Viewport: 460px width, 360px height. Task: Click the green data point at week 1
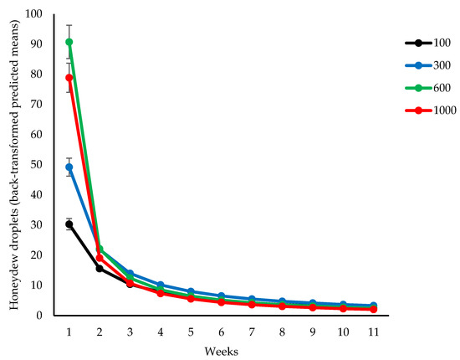click(x=69, y=42)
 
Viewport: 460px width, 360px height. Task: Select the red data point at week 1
click(x=69, y=78)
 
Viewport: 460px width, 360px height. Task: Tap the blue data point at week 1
click(x=69, y=167)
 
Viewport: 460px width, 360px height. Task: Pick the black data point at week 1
click(x=69, y=224)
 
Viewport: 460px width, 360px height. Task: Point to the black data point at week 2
click(x=100, y=268)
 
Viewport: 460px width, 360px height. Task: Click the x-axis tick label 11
click(x=373, y=332)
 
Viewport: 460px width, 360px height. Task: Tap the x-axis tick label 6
click(x=221, y=332)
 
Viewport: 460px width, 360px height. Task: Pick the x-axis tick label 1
click(x=69, y=332)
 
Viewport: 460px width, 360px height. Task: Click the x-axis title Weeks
click(x=221, y=349)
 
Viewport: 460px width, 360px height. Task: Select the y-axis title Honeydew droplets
click(x=14, y=165)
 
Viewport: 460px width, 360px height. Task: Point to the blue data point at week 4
click(x=161, y=285)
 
